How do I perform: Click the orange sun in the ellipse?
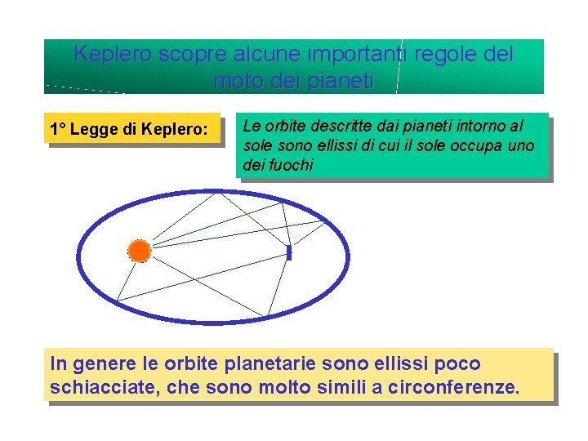click(140, 251)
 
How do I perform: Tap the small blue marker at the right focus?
click(289, 253)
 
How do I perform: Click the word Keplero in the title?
click(112, 55)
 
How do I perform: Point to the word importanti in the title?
click(346, 55)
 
